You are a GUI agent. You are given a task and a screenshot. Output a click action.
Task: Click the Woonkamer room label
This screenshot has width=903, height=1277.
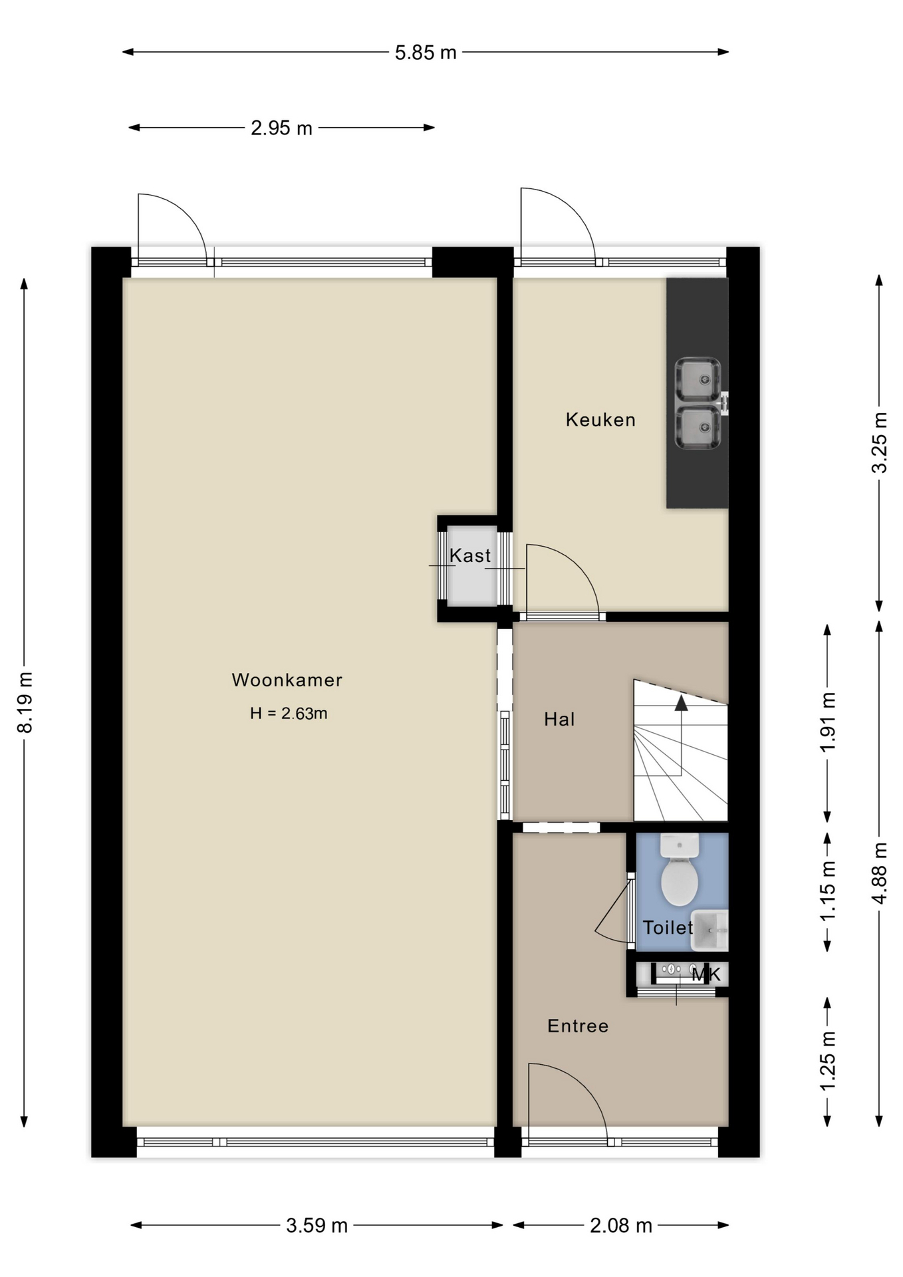(287, 680)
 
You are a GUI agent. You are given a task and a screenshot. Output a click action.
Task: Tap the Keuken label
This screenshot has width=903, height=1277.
(600, 420)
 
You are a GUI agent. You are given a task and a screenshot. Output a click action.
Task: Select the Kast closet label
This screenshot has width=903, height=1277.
(470, 555)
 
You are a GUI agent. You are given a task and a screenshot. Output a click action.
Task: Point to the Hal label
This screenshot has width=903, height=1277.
(559, 719)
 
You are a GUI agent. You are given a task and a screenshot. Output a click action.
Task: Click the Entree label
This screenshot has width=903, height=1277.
(578, 1026)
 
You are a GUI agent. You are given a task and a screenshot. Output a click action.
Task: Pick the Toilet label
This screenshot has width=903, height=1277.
(668, 927)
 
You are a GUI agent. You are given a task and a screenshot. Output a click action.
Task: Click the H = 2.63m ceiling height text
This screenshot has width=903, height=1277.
(289, 714)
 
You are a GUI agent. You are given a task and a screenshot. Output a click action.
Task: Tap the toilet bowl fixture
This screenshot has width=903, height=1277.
(680, 870)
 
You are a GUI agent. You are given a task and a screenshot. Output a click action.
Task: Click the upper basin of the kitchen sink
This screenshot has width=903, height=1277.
(698, 380)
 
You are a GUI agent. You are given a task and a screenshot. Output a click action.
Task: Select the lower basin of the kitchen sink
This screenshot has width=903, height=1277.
(698, 427)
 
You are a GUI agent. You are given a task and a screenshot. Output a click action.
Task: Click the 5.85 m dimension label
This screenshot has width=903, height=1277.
(426, 53)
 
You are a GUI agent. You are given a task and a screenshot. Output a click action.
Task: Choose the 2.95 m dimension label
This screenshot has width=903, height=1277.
(281, 128)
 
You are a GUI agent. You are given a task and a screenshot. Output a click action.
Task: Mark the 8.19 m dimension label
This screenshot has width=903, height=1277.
(25, 702)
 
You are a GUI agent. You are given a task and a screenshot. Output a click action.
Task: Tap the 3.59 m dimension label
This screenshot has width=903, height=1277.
(317, 1225)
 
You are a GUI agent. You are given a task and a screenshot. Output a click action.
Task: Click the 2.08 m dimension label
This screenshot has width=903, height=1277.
(621, 1225)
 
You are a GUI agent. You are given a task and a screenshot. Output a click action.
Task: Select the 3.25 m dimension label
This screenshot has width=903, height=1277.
(879, 443)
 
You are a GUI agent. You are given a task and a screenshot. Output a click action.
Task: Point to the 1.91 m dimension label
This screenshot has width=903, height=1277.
(828, 722)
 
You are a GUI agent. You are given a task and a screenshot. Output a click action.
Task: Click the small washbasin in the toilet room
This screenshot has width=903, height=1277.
(711, 930)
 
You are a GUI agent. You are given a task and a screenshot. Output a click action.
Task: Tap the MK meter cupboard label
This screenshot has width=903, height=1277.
(706, 975)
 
